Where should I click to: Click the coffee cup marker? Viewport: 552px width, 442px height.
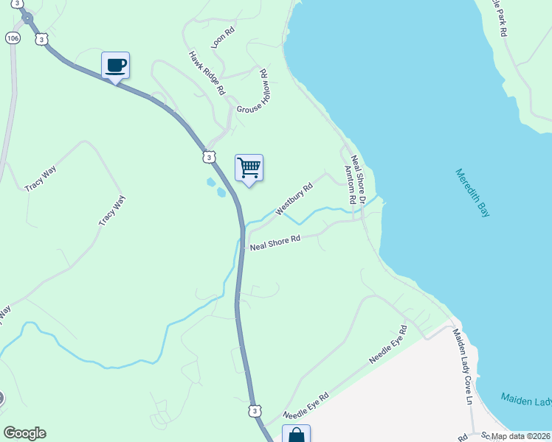pos(115,66)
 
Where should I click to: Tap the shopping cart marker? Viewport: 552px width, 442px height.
pos(249,168)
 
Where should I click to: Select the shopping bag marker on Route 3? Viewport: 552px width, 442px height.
pos(296,434)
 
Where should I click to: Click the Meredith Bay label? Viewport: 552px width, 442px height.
pos(472,193)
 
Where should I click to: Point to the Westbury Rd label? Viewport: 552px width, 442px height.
pos(294,199)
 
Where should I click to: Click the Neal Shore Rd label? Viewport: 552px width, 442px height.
pos(275,242)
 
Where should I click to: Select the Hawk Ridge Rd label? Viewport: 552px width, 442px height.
pos(206,73)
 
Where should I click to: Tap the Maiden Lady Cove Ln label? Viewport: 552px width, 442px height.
pos(463,367)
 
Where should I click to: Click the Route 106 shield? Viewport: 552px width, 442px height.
pos(13,37)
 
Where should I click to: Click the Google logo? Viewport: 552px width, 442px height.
pos(24,433)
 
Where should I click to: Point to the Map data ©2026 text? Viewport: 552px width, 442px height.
pos(517,436)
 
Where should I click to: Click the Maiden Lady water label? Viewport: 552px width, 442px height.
pos(526,400)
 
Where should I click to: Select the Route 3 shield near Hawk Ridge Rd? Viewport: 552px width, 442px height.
pos(210,156)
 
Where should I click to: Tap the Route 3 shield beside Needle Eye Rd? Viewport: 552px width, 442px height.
pos(254,410)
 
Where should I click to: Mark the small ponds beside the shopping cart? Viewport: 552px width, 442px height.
pos(215,187)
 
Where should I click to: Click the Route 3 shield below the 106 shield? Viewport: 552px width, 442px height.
pos(41,39)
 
